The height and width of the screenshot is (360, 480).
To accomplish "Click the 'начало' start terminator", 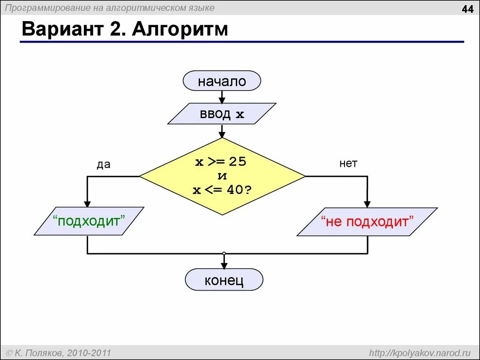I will pos(222,81).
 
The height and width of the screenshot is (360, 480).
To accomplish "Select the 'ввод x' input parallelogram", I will pos(222,114).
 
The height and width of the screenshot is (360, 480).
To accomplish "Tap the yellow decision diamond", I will pos(222,176).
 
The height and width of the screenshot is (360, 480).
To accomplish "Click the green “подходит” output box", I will pos(89,221).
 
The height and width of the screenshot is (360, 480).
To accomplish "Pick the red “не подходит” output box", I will pos(367,221).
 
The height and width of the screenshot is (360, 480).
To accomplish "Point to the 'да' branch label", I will pos(103,164).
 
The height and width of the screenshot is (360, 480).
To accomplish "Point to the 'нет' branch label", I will pos(348,164).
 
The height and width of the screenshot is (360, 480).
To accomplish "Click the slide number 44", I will pos(467,9).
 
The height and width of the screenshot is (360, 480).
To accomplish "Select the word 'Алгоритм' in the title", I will pos(180,30).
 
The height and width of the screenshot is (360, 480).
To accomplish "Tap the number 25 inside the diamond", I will pos(237,162).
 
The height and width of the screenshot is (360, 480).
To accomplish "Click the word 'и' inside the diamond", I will pos(222,176).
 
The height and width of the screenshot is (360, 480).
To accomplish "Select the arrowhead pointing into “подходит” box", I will pos(87,203).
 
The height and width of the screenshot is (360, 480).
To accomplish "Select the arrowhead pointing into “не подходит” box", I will pos(367,204).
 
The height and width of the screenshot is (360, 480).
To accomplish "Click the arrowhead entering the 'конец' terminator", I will pos(224,265).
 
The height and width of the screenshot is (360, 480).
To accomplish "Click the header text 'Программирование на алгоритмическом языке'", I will pos(110,7).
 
